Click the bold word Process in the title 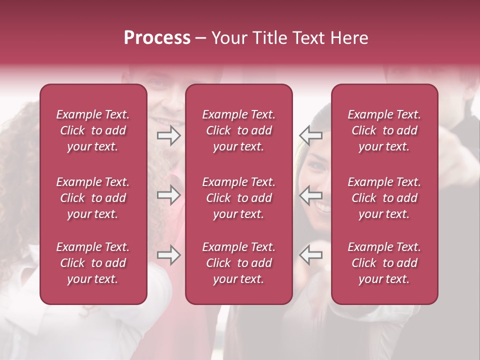[x=157, y=38]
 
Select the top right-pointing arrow [x=168, y=135]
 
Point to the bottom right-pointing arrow [x=168, y=255]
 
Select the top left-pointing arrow [x=310, y=135]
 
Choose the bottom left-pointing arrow [x=310, y=255]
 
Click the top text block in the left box [x=93, y=130]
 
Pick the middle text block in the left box [x=93, y=198]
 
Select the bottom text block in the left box [x=93, y=263]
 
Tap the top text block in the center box [x=239, y=130]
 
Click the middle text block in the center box [x=239, y=198]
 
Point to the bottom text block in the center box [x=239, y=263]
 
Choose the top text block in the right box [x=384, y=130]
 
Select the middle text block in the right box [x=384, y=198]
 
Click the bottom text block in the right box [x=384, y=263]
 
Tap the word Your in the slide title [x=228, y=38]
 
